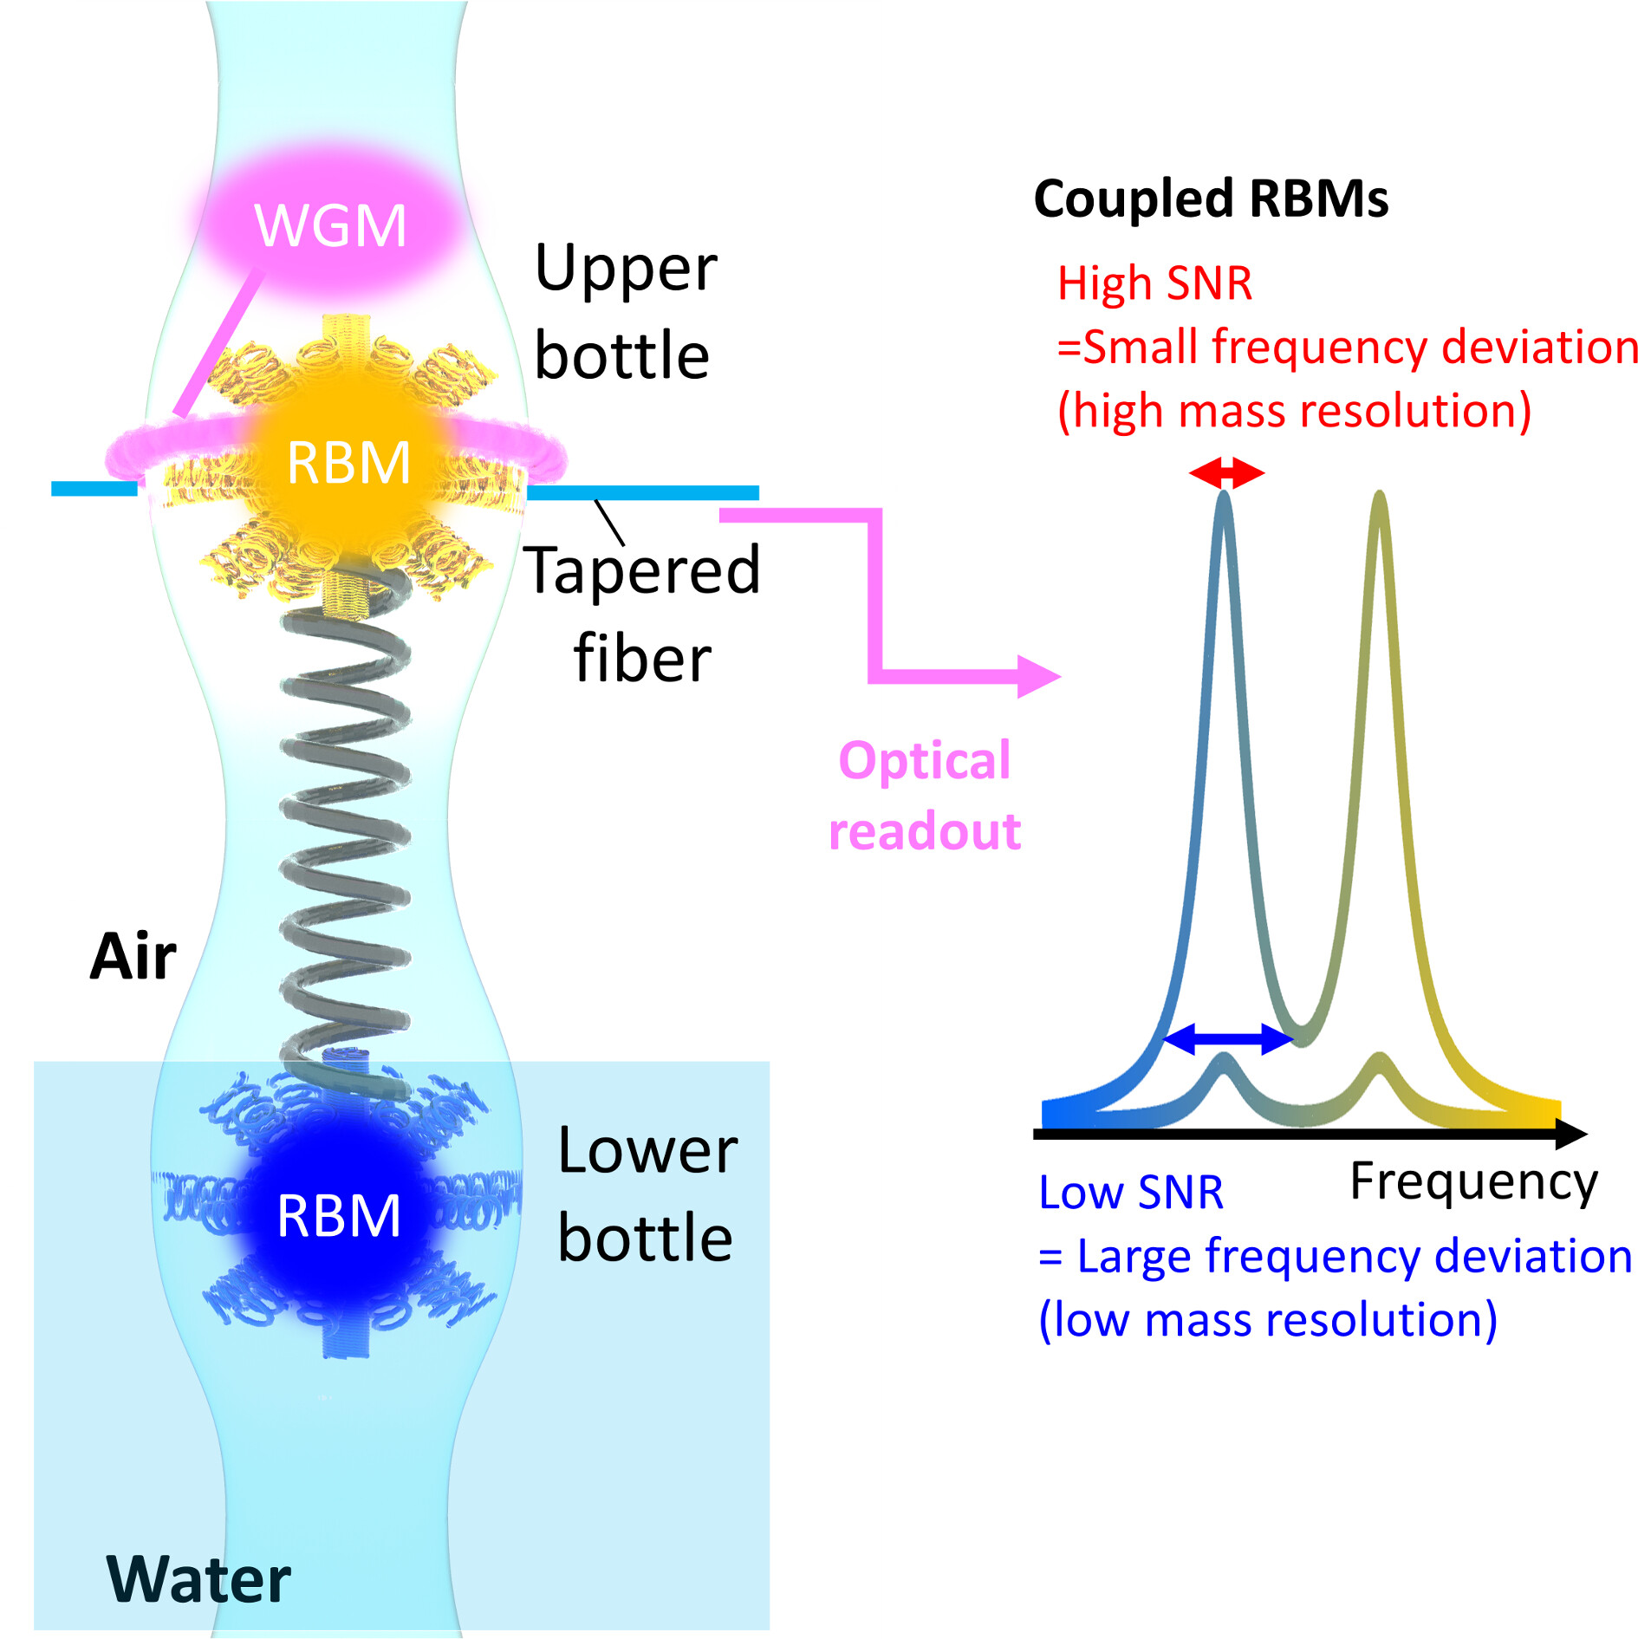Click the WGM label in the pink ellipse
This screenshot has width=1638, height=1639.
point(330,225)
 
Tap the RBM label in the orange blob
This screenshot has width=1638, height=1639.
point(348,463)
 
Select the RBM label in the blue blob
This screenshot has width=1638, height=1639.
point(339,1216)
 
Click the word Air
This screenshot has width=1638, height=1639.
point(133,958)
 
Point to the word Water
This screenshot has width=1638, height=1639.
point(198,1579)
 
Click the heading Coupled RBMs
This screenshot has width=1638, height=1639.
point(1211,199)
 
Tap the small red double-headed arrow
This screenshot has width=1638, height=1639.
point(1226,473)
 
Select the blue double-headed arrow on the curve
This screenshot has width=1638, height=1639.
point(1227,1037)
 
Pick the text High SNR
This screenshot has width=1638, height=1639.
point(1154,283)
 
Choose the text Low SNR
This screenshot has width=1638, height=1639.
point(1131,1193)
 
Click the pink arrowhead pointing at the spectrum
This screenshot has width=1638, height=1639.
point(1040,676)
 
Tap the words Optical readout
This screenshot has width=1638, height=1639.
point(925,796)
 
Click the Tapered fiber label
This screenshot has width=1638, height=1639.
point(642,614)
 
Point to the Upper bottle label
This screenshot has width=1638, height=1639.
point(625,311)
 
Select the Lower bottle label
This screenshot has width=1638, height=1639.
point(647,1193)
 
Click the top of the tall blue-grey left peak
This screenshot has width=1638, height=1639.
point(1224,496)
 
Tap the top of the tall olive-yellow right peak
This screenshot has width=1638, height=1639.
point(1379,496)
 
